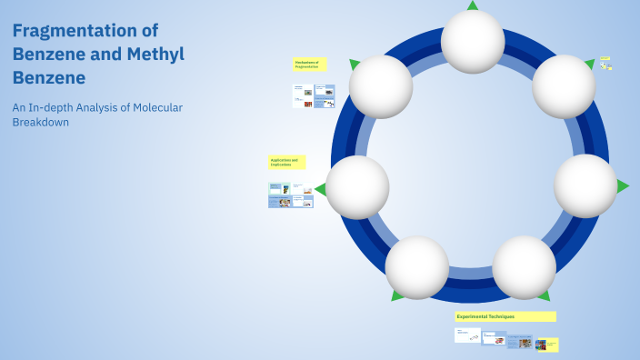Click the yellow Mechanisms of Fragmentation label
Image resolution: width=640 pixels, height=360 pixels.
(309, 65)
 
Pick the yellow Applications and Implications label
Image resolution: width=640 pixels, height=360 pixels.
(286, 162)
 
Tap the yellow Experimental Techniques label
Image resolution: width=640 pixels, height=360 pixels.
(505, 316)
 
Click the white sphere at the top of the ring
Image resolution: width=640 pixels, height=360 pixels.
(473, 41)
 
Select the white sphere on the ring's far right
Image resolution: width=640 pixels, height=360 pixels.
(585, 185)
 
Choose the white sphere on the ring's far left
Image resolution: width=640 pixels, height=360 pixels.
(357, 187)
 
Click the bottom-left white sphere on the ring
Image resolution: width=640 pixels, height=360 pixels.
(416, 267)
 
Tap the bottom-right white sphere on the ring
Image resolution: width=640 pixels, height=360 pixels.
(524, 267)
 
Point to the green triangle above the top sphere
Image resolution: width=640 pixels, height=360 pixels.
(473, 5)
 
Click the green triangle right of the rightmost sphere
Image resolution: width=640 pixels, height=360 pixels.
(623, 186)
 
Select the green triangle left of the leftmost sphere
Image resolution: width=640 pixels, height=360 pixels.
(321, 189)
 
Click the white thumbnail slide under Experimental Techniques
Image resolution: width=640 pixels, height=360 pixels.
(467, 335)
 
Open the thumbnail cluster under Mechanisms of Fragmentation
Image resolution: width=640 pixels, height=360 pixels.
(314, 95)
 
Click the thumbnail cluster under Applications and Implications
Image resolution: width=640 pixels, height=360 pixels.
(290, 195)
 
